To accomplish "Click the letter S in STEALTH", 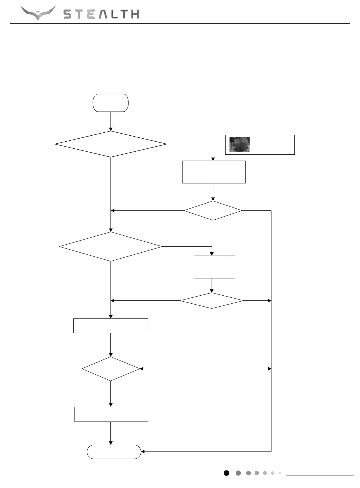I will pos(68,14).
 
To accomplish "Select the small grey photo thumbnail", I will pos(240,145).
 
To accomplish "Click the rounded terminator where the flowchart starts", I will pos(111,103).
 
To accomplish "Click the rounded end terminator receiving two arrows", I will pos(114,452).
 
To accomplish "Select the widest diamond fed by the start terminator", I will pos(111,144).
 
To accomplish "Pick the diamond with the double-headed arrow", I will pos(111,369).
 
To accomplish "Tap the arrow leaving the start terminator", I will pos(111,121).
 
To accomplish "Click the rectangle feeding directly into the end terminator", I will pos(111,414).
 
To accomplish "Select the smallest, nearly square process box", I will pos(214,267).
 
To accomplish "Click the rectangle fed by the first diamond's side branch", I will pos(214,172).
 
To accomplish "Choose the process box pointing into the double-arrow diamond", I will pos(110,326).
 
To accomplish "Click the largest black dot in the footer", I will pos(226,473).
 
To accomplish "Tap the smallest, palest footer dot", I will pos(280,473).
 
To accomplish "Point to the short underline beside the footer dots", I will pos(320,476).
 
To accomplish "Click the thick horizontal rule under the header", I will pos(180,23).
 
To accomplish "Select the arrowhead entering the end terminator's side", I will pos(143,451).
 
